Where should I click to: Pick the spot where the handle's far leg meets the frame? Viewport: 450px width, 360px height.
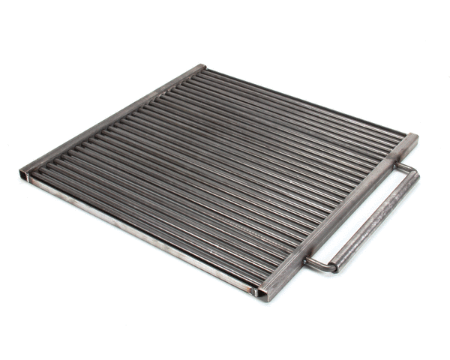[397, 165]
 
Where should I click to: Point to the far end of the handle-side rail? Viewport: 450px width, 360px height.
[412, 139]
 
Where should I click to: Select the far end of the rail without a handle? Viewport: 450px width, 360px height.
[201, 67]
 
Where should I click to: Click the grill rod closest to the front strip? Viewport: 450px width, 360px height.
[150, 225]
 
